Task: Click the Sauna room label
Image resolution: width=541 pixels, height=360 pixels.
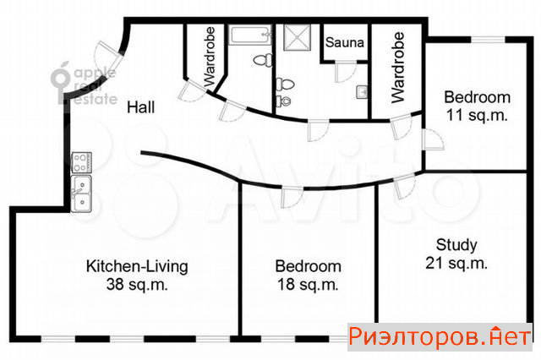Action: (344, 42)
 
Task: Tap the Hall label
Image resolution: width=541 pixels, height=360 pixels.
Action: (141, 107)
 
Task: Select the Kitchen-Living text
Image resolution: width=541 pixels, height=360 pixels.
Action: (137, 266)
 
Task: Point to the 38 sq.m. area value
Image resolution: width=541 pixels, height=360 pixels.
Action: (137, 285)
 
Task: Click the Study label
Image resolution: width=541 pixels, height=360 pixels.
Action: (456, 245)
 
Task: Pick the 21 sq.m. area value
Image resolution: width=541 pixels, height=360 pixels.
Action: (456, 263)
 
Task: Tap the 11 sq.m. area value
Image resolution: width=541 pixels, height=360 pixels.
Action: (477, 115)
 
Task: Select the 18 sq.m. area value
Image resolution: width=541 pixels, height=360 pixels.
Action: (308, 285)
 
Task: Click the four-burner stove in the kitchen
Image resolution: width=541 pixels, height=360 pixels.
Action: (81, 162)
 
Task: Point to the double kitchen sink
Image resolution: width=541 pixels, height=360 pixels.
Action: (81, 194)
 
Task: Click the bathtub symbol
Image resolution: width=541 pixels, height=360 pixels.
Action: (250, 35)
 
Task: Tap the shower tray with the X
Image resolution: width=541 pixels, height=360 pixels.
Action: (297, 37)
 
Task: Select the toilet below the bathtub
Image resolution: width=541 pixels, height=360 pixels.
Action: (263, 60)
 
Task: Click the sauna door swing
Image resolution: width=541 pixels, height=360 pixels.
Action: (346, 72)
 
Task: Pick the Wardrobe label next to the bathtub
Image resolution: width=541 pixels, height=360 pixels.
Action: (210, 57)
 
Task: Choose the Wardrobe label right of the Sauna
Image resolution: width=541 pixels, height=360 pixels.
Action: (398, 68)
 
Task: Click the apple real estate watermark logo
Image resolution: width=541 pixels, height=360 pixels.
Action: (84, 84)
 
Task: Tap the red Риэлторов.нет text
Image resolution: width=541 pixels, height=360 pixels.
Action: (440, 336)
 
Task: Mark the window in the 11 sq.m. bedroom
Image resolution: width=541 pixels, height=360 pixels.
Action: (488, 40)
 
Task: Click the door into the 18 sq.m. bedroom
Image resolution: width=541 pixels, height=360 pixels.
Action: (292, 197)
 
